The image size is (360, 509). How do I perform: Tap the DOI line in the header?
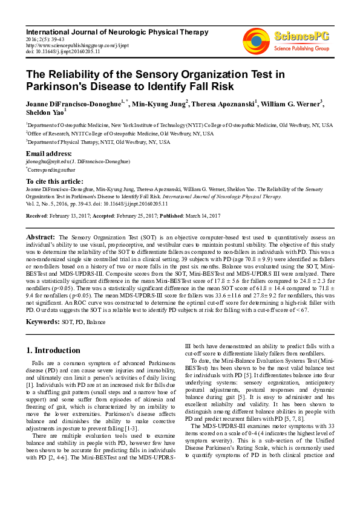63,51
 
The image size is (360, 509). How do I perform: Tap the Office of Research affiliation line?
120,133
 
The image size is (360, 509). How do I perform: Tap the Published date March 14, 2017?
203,215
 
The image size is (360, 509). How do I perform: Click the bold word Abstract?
41,237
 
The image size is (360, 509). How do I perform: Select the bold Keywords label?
42,322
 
